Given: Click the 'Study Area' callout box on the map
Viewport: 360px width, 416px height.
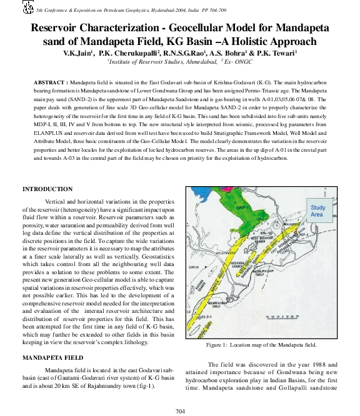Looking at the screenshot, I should [x=317, y=210].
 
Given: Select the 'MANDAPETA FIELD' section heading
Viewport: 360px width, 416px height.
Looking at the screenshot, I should [x=52, y=358].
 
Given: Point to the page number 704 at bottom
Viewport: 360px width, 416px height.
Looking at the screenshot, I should [x=180, y=410].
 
